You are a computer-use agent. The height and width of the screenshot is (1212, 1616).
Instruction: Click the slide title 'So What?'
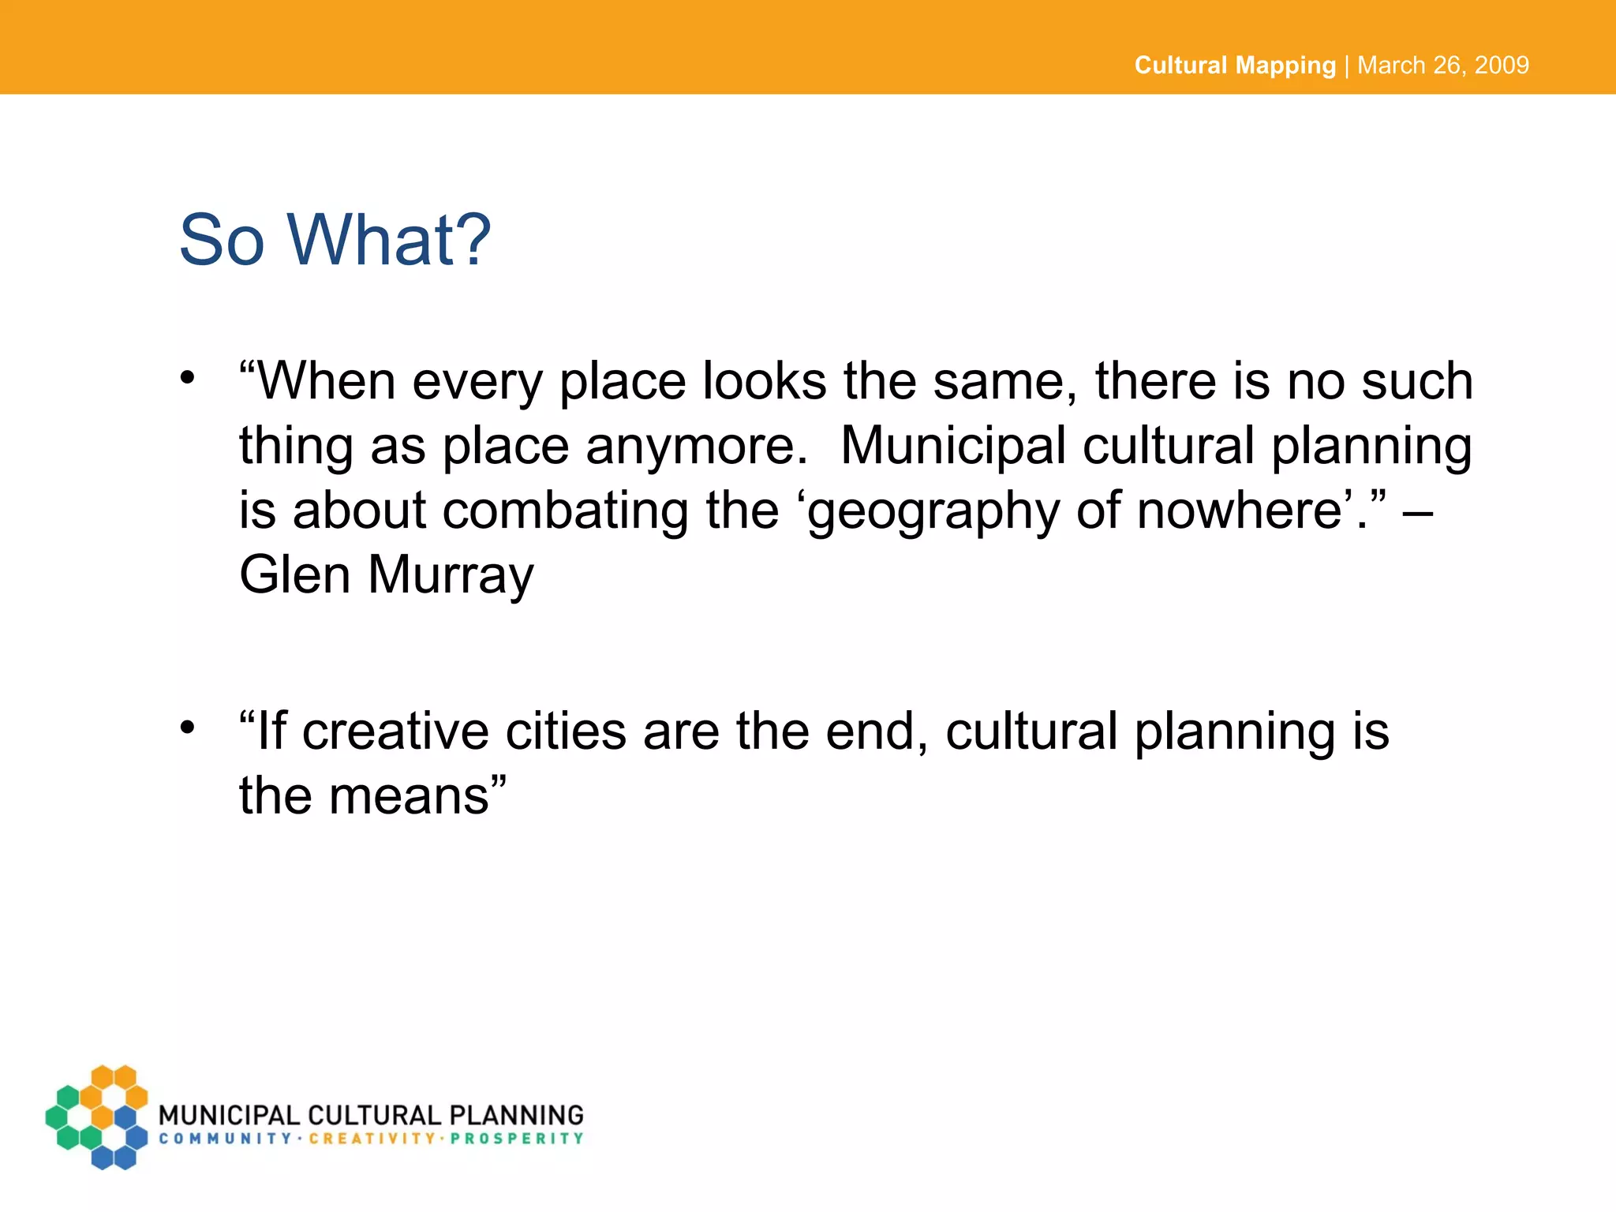coord(335,240)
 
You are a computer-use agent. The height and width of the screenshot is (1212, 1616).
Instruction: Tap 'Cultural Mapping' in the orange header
coord(1234,65)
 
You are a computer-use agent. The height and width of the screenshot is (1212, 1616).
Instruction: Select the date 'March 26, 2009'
coord(1443,65)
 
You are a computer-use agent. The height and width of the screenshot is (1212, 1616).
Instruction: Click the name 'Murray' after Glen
coord(451,574)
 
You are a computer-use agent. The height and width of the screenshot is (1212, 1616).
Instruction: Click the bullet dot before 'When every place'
coord(187,378)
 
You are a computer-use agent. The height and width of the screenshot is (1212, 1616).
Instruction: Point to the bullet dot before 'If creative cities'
coord(187,727)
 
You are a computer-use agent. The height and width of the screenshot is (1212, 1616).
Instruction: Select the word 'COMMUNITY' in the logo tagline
coord(226,1139)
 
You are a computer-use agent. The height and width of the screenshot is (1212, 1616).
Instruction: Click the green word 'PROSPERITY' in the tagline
coord(517,1139)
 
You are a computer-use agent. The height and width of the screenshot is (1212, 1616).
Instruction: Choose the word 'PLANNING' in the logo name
coord(517,1115)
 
